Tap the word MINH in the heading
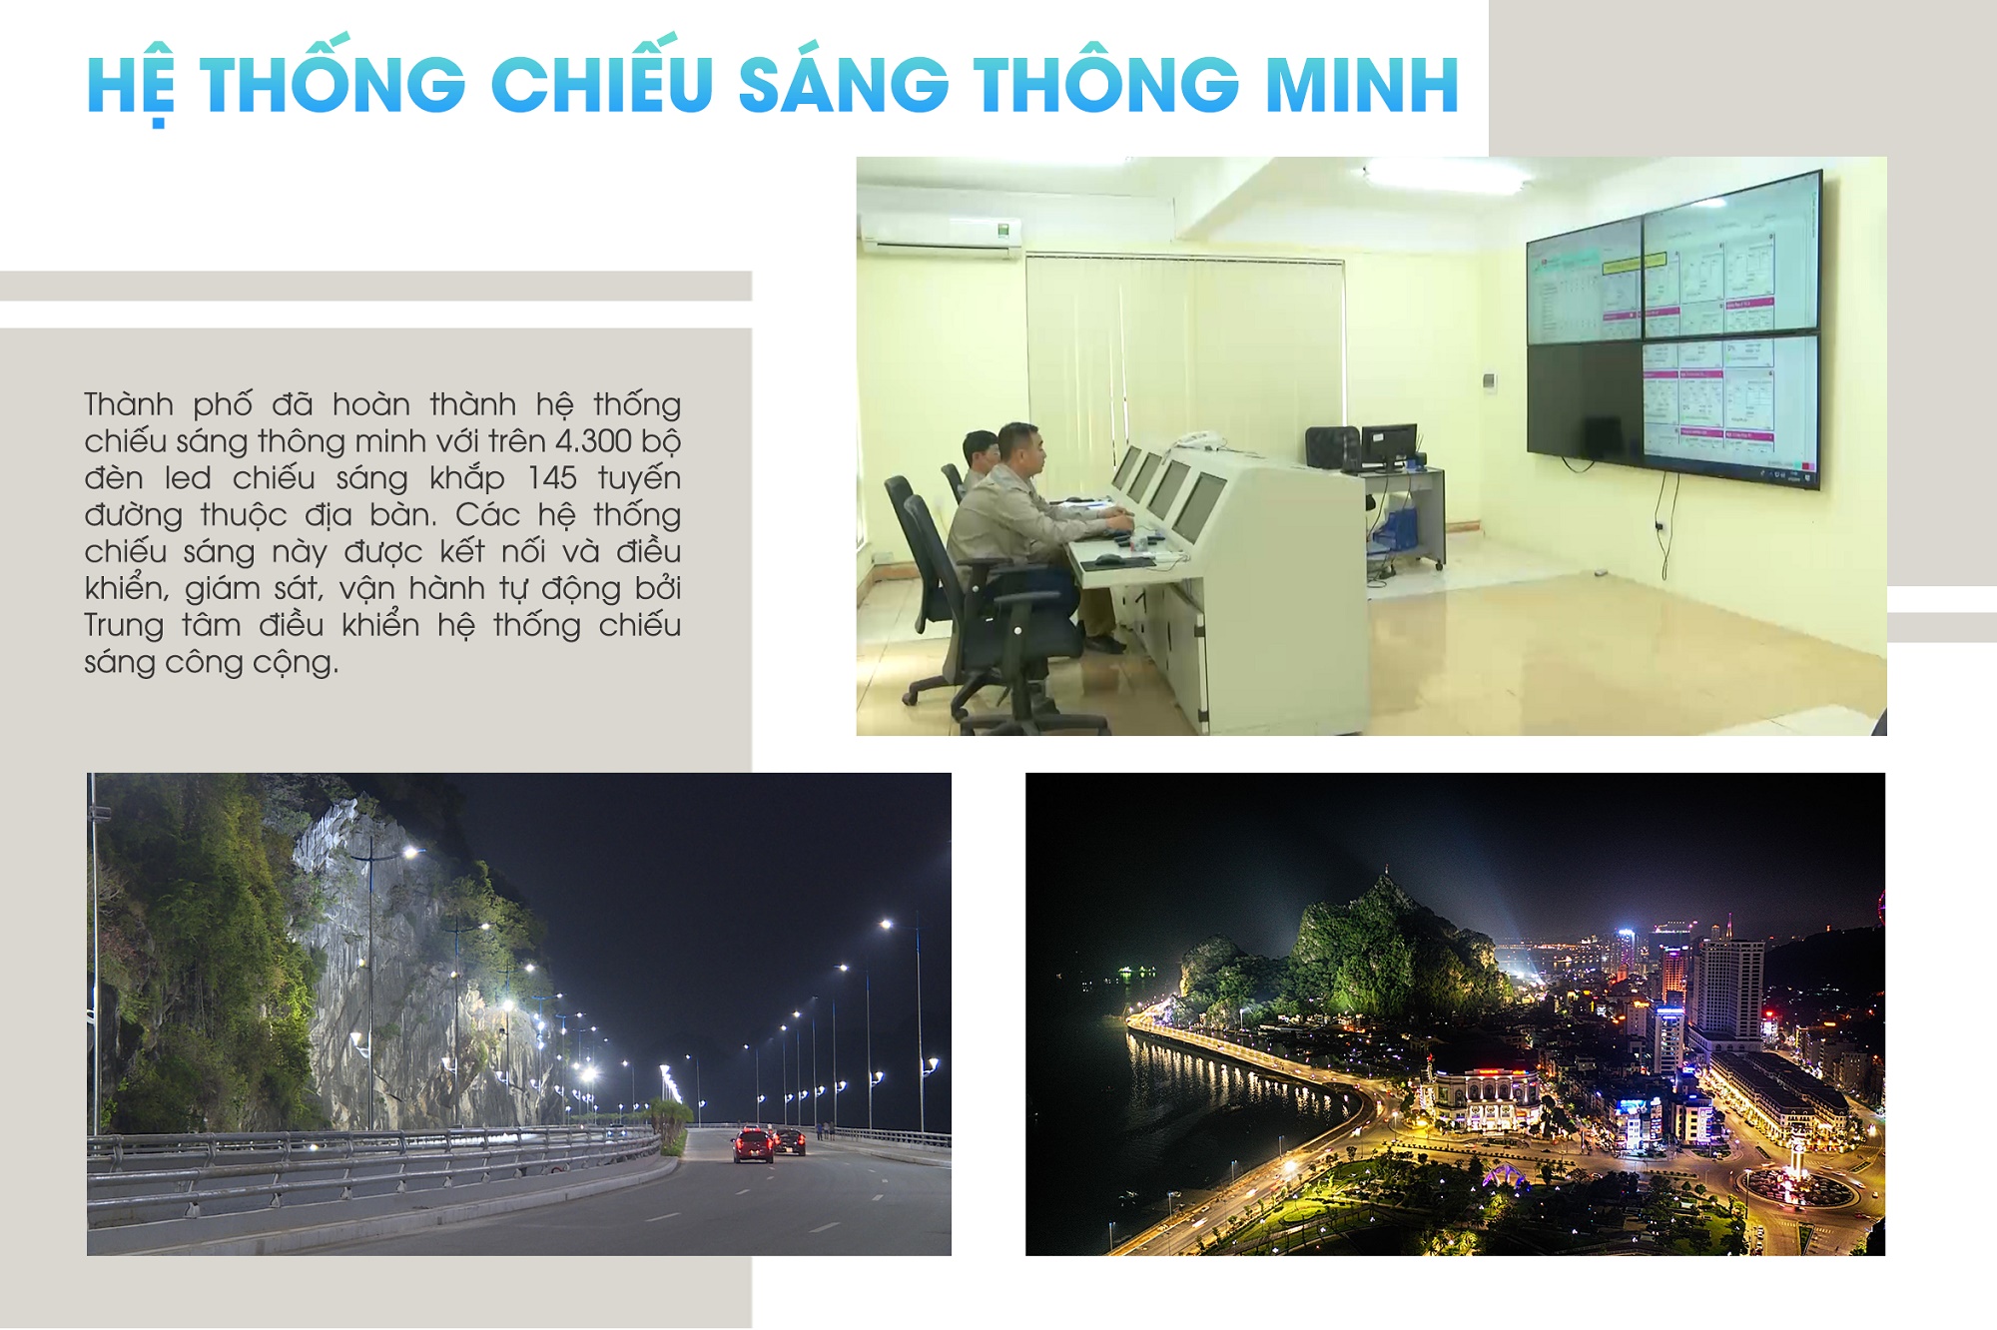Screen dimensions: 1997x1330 (1363, 84)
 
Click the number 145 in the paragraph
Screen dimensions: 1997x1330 (552, 478)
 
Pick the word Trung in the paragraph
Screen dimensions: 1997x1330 (124, 626)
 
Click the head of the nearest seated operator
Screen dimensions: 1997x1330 (1019, 450)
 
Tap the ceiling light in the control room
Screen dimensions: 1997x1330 (1445, 175)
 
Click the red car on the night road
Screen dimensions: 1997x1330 (753, 1144)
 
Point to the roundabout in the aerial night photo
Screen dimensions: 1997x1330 (1797, 1188)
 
